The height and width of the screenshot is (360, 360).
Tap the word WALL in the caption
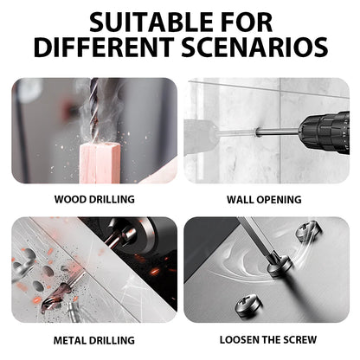pyautogui.click(x=242, y=199)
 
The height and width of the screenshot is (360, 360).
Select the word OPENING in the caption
pyautogui.click(x=281, y=199)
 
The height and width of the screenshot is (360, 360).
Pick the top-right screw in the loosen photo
pyautogui.click(x=307, y=231)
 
